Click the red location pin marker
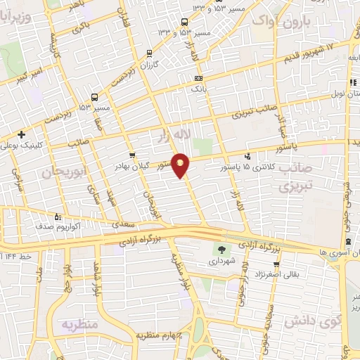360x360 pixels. click(181, 165)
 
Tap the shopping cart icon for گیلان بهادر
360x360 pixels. click(131, 155)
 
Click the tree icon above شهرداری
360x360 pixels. click(222, 249)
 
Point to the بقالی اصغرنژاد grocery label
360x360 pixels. click(279, 273)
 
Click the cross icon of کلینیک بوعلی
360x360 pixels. click(22, 134)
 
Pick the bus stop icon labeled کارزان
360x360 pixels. click(149, 53)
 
